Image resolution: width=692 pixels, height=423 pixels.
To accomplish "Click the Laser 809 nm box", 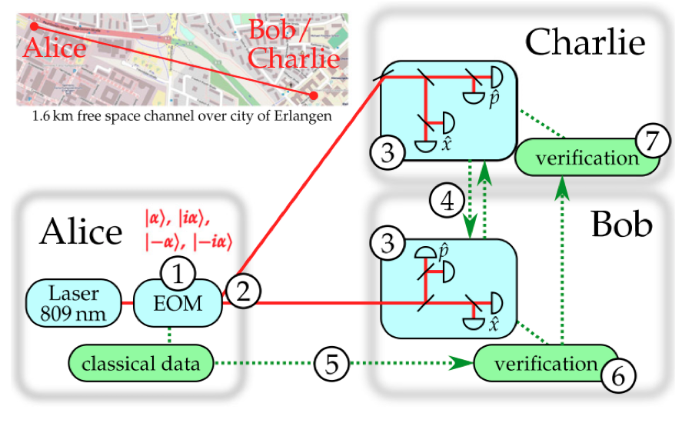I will click(74, 303).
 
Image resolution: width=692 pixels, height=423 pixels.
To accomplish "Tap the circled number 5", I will click(331, 362).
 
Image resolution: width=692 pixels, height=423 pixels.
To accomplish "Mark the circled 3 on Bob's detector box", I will click(389, 245).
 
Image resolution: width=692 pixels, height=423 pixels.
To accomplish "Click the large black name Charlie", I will click(584, 42).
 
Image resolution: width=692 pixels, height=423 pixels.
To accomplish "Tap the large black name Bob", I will click(622, 225).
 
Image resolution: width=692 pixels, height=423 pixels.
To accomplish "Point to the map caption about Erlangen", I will click(181, 118).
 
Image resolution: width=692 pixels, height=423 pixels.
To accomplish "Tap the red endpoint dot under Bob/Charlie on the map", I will click(314, 95).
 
